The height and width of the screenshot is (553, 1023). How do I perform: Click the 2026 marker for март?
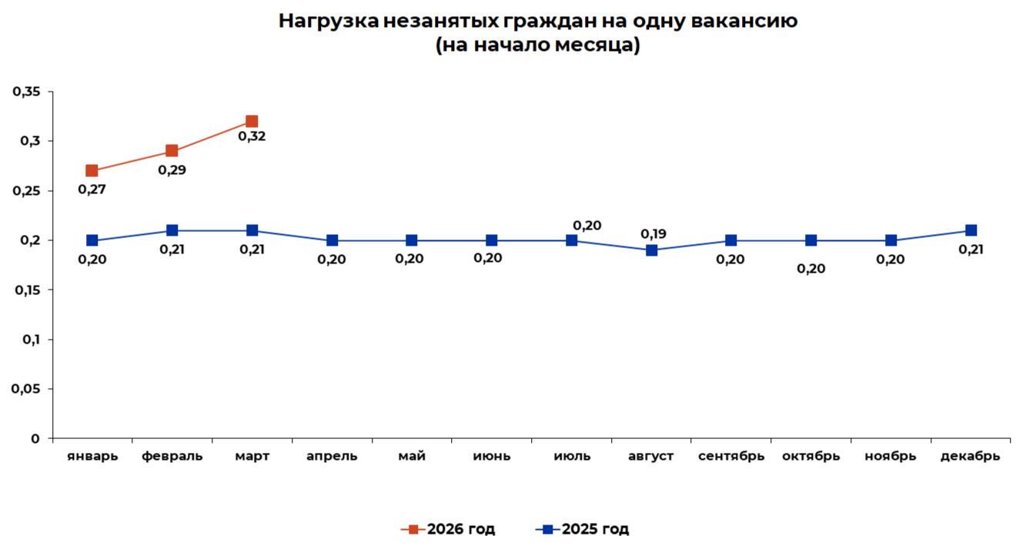252,122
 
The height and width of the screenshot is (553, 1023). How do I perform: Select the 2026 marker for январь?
92,171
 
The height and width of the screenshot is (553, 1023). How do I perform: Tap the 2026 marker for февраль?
172,151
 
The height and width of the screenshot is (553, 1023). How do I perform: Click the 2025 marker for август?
652,250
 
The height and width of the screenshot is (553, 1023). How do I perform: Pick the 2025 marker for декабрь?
971,230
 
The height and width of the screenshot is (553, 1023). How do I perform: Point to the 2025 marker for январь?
92,240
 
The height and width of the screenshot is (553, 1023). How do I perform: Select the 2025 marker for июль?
572,240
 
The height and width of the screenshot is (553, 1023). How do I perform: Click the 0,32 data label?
252,136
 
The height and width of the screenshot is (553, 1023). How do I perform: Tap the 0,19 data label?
654,234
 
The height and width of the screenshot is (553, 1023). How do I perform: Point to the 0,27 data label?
92,189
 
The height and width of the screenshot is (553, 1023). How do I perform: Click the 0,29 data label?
172,169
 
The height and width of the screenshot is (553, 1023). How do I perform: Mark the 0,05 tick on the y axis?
26,389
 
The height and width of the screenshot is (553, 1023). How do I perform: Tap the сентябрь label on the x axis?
731,456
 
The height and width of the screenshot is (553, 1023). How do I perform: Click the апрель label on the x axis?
332,456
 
